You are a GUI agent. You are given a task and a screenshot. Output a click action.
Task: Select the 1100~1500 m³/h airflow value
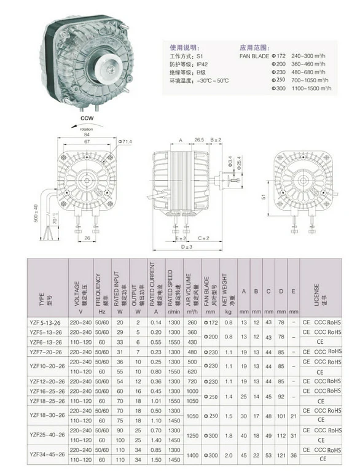(x=315, y=89)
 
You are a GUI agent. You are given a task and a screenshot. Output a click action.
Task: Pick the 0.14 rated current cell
(x=157, y=322)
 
